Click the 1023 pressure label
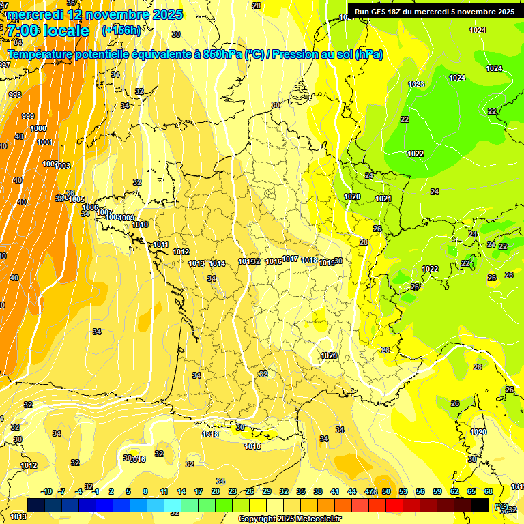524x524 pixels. tap(416, 84)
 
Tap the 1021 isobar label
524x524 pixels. tap(383, 199)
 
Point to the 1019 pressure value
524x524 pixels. tap(326, 263)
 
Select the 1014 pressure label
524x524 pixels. tap(218, 263)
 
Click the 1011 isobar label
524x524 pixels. tap(161, 244)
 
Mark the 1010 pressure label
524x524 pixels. tap(141, 224)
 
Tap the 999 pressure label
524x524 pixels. tap(28, 116)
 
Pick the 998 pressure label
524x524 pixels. tap(15, 95)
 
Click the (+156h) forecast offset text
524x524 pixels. tap(121, 30)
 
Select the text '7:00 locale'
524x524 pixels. tap(47, 31)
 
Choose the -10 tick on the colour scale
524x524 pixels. tap(47, 491)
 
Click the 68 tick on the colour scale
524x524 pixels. tap(489, 491)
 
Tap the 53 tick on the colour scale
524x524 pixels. tap(403, 491)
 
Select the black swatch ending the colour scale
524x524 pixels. tap(480, 505)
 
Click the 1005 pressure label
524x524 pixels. tap(77, 199)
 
